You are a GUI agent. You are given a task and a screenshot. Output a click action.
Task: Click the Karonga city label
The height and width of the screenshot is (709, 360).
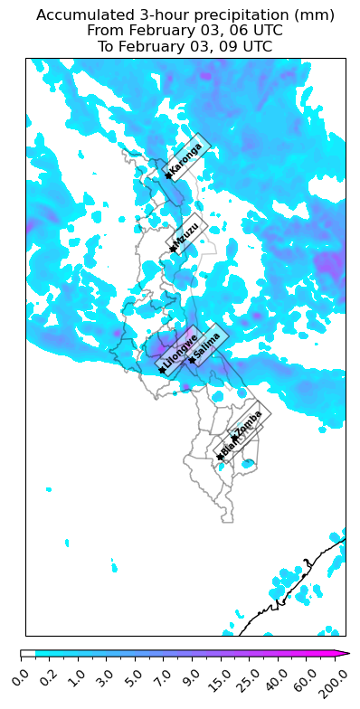[186, 159]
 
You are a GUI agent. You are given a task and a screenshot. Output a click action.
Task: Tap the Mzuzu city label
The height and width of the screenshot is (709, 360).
[187, 235]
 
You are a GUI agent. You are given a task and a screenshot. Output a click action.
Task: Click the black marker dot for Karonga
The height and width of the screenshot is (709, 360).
[168, 175]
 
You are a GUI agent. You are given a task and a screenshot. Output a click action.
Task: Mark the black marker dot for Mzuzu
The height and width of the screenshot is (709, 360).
[172, 249]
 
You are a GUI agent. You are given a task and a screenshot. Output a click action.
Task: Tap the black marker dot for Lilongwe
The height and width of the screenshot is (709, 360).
[162, 370]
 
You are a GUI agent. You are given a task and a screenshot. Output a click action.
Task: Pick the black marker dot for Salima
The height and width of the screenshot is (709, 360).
[192, 360]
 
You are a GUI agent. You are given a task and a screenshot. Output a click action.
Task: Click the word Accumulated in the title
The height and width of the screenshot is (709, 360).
[79, 15]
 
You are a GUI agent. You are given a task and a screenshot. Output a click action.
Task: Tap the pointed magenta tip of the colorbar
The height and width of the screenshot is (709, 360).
[346, 652]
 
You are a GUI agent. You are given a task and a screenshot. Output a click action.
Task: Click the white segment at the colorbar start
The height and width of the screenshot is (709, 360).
[27, 652]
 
